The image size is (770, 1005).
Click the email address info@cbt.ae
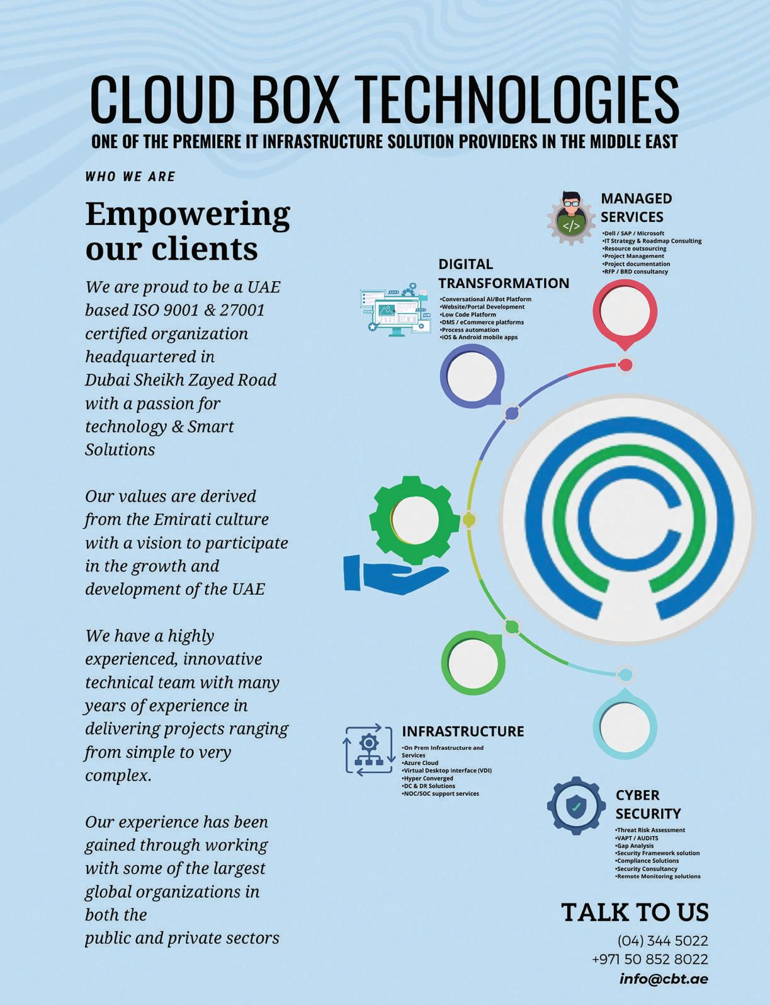click(x=664, y=979)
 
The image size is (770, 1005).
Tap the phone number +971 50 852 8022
click(x=650, y=959)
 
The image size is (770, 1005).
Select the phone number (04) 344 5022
click(x=662, y=941)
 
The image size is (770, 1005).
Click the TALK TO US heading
click(x=635, y=912)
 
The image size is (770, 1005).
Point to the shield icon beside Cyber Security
click(x=576, y=806)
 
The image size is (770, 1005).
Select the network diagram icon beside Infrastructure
click(x=368, y=749)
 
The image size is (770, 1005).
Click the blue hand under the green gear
click(x=393, y=573)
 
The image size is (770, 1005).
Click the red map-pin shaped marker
click(x=625, y=312)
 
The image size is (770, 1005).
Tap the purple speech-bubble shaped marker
click(x=472, y=376)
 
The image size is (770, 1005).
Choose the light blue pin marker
click(x=625, y=725)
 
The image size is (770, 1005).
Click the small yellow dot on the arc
click(x=469, y=520)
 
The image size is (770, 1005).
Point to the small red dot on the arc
click(x=625, y=365)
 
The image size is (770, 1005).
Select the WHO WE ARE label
click(x=130, y=177)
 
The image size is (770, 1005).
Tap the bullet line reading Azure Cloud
click(x=421, y=763)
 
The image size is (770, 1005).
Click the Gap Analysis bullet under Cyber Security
click(x=635, y=846)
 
